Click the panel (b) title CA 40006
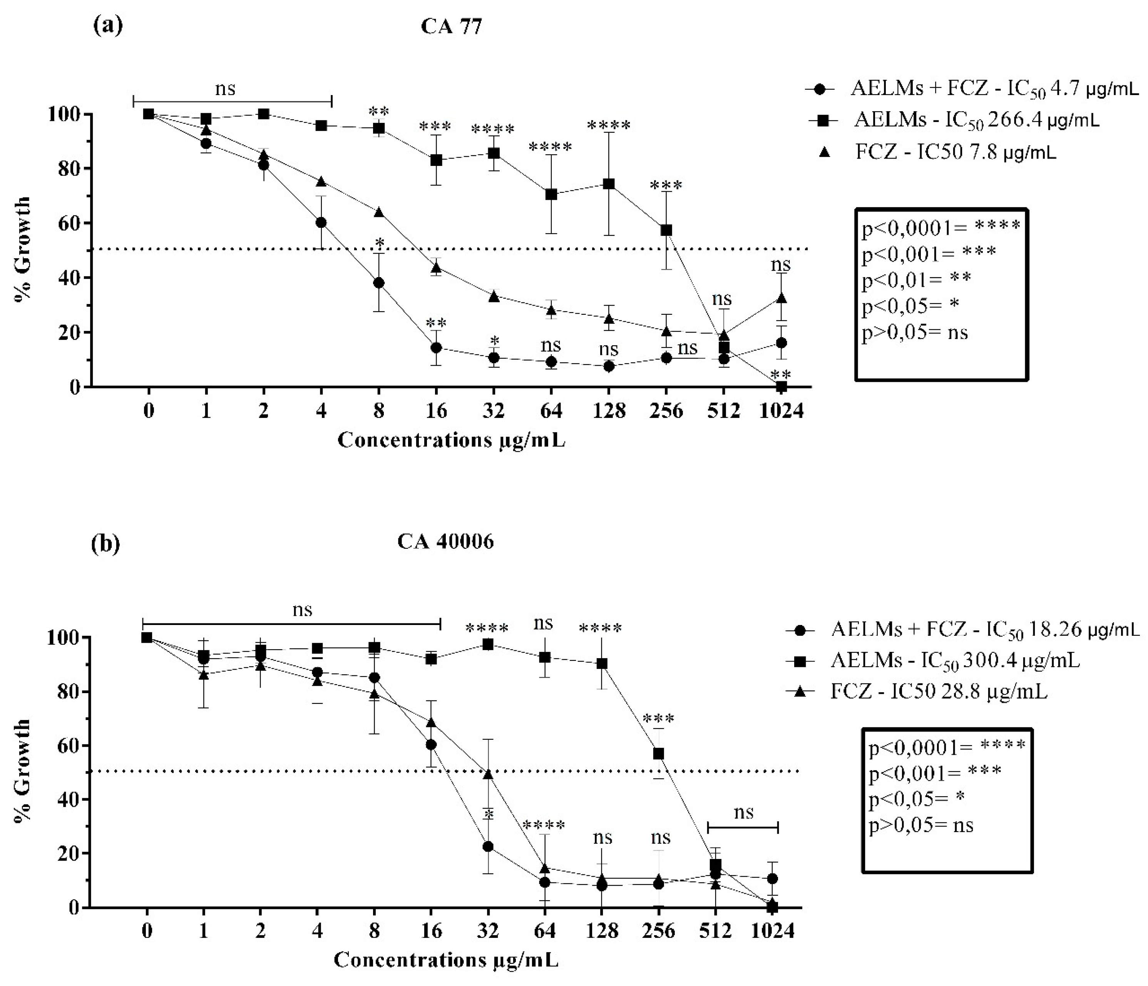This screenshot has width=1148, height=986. [445, 541]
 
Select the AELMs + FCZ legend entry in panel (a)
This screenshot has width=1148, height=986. [976, 89]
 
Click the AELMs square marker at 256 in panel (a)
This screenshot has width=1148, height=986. [666, 230]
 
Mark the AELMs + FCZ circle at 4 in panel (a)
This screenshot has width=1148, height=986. [321, 223]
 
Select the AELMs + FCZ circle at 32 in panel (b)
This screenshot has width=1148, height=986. [488, 846]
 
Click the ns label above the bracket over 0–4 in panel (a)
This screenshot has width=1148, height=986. [225, 89]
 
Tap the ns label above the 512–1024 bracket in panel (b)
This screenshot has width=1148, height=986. [743, 812]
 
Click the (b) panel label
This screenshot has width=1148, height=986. [105, 544]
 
